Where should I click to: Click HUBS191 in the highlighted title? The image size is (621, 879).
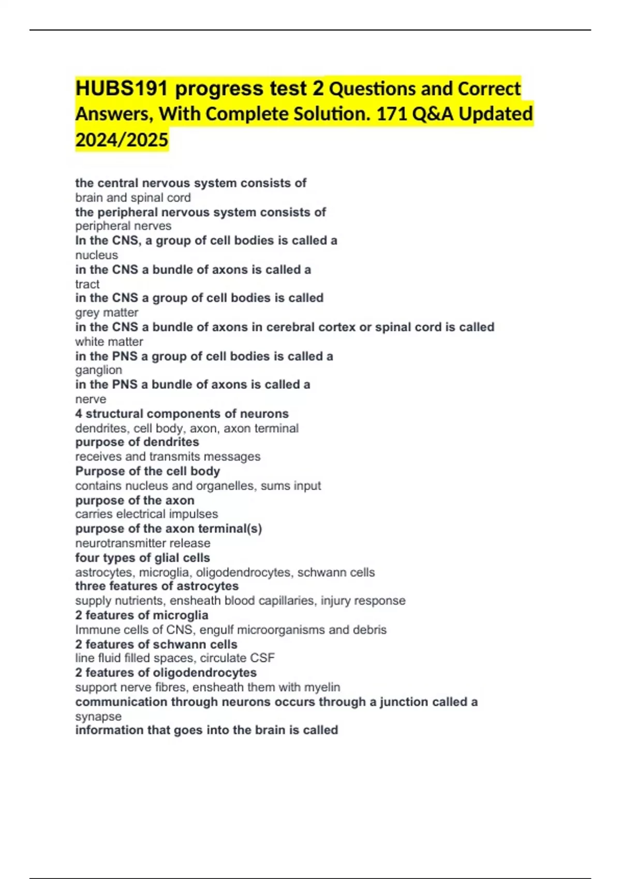[122, 89]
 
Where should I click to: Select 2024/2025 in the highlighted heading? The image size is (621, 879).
[122, 140]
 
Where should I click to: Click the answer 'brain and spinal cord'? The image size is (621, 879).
[133, 198]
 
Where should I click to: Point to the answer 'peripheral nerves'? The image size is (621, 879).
[123, 226]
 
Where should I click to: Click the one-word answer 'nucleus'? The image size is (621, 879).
[97, 255]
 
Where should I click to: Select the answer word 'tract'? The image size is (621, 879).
[87, 284]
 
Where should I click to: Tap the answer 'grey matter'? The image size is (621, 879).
[107, 312]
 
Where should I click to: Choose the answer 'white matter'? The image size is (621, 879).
[109, 341]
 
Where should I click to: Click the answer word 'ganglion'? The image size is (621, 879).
[99, 370]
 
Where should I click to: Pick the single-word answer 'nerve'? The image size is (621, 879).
[91, 399]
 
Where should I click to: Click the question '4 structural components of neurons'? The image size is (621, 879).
[182, 414]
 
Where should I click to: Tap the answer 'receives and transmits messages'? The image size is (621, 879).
[168, 457]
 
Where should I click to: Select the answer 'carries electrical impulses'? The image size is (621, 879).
[146, 514]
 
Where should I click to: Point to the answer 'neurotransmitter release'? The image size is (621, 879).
[143, 543]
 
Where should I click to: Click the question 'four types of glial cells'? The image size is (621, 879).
[142, 558]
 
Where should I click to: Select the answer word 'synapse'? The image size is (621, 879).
[98, 716]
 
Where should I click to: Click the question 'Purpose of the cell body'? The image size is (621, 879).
[147, 471]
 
